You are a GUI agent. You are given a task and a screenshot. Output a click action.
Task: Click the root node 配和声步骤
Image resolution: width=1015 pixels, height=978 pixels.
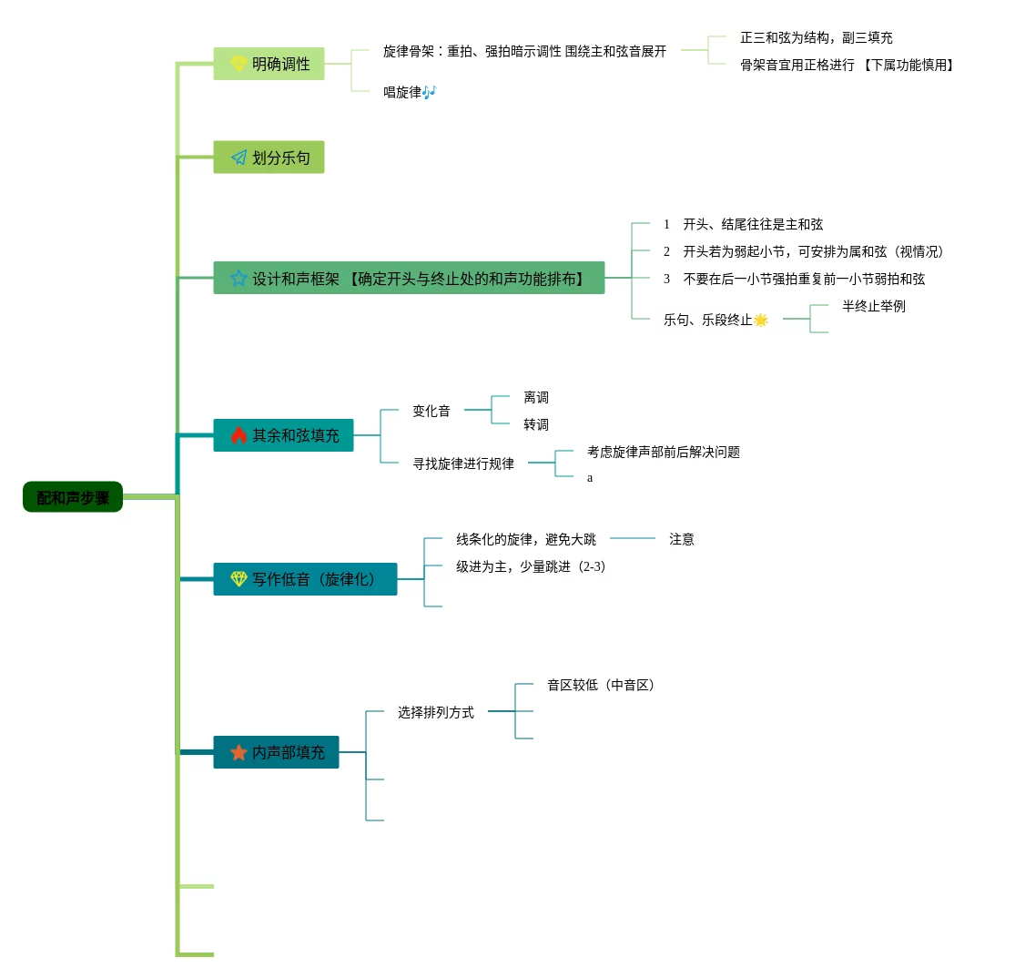pyautogui.click(x=73, y=497)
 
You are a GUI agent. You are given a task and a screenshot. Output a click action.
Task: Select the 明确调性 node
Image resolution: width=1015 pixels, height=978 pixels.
pyautogui.click(x=269, y=64)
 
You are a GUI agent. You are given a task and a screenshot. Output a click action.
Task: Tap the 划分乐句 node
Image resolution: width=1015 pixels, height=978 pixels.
pyautogui.click(x=269, y=158)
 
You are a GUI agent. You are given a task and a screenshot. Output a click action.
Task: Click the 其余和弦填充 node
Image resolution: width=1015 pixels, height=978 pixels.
pyautogui.click(x=284, y=435)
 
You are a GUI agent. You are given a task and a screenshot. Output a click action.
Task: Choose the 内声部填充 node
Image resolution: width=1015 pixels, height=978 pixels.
pyautogui.click(x=277, y=752)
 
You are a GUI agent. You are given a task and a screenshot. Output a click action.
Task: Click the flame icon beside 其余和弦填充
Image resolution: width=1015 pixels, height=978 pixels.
pyautogui.click(x=239, y=435)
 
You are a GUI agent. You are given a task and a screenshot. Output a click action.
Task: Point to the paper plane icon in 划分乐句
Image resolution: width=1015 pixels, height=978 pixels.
pyautogui.click(x=239, y=158)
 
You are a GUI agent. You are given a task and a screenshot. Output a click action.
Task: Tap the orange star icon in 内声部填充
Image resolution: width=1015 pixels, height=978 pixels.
pyautogui.click(x=239, y=752)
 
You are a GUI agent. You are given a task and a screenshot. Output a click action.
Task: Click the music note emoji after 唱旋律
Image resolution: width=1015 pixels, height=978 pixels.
pyautogui.click(x=430, y=92)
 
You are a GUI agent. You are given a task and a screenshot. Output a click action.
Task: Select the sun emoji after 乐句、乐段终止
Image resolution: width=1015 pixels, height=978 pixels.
pyautogui.click(x=761, y=320)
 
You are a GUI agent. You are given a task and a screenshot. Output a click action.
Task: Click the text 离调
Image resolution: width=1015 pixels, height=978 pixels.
pyautogui.click(x=536, y=398)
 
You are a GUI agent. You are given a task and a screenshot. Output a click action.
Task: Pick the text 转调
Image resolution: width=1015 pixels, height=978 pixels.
pyautogui.click(x=536, y=424)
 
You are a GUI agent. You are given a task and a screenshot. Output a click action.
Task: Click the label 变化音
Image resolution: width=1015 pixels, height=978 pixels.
pyautogui.click(x=431, y=411)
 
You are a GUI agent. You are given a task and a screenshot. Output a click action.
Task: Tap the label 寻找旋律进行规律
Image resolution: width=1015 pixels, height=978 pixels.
pyautogui.click(x=463, y=464)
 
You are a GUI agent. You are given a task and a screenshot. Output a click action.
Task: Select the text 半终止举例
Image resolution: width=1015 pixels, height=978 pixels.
pyautogui.click(x=874, y=306)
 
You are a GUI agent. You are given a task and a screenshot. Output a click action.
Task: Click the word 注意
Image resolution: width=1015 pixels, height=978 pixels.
pyautogui.click(x=682, y=539)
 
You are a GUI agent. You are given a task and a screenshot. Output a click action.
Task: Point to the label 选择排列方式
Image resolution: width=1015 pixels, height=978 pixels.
pyautogui.click(x=436, y=712)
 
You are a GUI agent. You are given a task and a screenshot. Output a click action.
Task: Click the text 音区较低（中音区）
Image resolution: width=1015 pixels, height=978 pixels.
pyautogui.click(x=603, y=685)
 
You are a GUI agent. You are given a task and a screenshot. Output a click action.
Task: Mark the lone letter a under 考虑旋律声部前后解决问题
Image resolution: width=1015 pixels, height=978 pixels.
pyautogui.click(x=590, y=478)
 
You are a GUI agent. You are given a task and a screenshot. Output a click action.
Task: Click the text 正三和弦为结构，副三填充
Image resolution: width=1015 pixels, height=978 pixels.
pyautogui.click(x=817, y=37)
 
